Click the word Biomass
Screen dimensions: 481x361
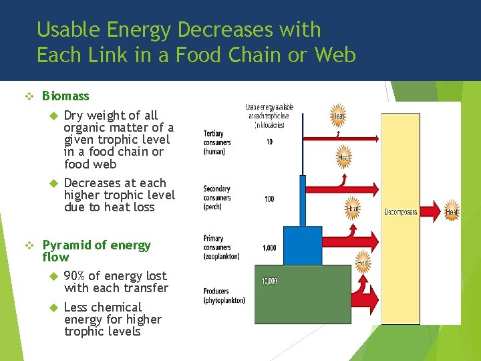point(65,96)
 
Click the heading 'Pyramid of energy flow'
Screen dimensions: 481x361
point(96,251)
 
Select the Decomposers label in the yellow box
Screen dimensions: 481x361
point(400,212)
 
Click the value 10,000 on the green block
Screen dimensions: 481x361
point(269,281)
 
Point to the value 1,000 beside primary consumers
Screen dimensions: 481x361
point(269,248)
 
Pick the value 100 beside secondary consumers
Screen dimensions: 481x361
point(269,199)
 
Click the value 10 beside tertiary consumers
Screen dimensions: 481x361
point(269,142)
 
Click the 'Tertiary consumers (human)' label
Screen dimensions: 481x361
point(217,142)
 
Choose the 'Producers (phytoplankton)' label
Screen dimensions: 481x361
point(224,295)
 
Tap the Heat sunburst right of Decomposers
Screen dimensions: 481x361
point(452,211)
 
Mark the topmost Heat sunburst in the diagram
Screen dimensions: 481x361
point(338,116)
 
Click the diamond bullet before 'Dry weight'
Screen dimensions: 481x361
point(55,116)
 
